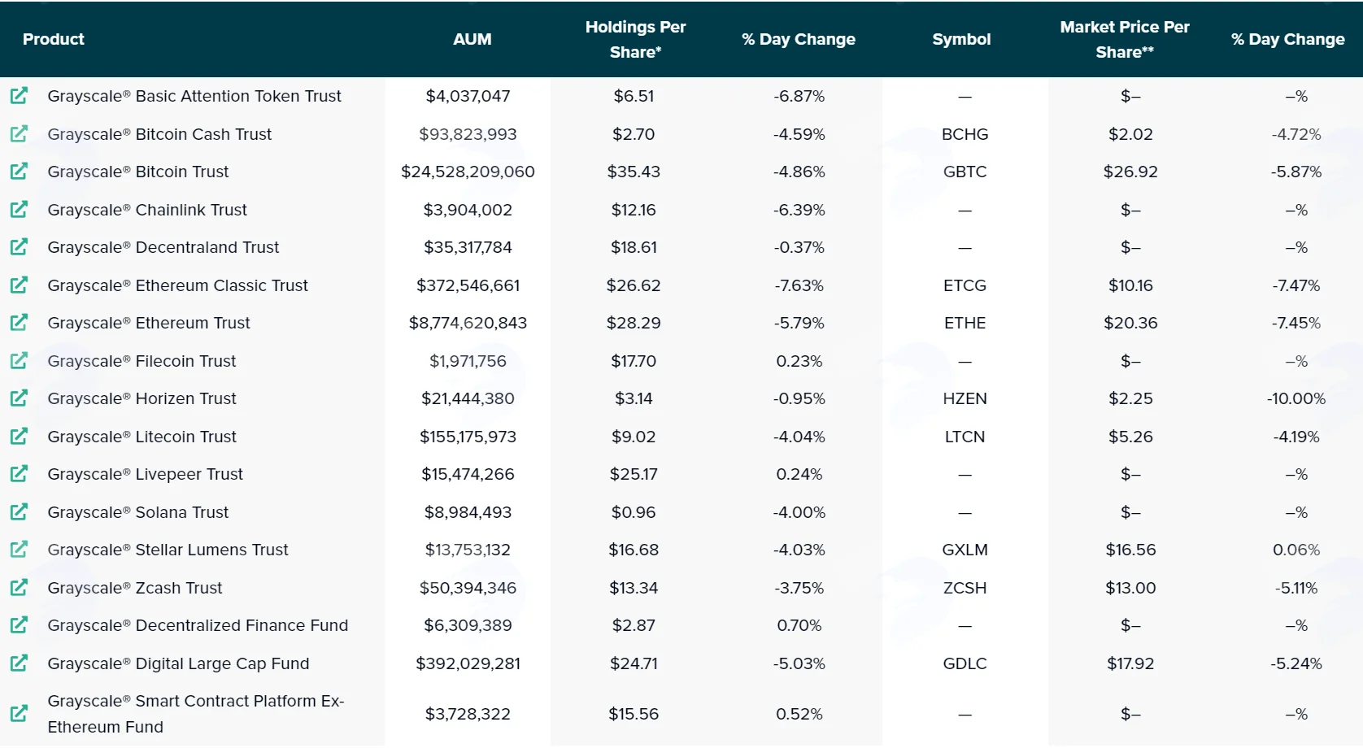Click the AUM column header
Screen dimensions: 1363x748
(x=472, y=39)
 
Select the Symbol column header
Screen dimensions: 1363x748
(x=961, y=39)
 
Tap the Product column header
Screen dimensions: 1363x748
(x=54, y=39)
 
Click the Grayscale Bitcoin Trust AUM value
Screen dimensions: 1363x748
(x=468, y=172)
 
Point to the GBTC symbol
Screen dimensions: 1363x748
(x=965, y=172)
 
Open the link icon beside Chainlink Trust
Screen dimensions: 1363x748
(x=19, y=209)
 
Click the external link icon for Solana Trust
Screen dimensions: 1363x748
(x=19, y=511)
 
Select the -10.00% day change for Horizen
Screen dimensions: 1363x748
(x=1296, y=398)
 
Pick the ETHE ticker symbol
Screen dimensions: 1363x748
(x=965, y=323)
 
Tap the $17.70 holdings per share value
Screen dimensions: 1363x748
(x=634, y=361)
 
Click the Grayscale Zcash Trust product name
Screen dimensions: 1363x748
(x=134, y=588)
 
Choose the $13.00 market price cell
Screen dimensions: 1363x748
(x=1130, y=588)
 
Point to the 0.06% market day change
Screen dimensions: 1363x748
(x=1296, y=550)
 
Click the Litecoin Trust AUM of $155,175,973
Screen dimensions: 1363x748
(x=468, y=437)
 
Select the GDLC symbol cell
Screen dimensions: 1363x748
(x=965, y=663)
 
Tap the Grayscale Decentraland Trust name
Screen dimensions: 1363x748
(x=163, y=247)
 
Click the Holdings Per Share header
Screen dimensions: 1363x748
(x=635, y=39)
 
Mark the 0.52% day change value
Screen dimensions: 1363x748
(x=799, y=713)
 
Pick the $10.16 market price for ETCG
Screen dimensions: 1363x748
(x=1130, y=285)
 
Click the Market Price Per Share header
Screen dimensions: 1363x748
(x=1125, y=39)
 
